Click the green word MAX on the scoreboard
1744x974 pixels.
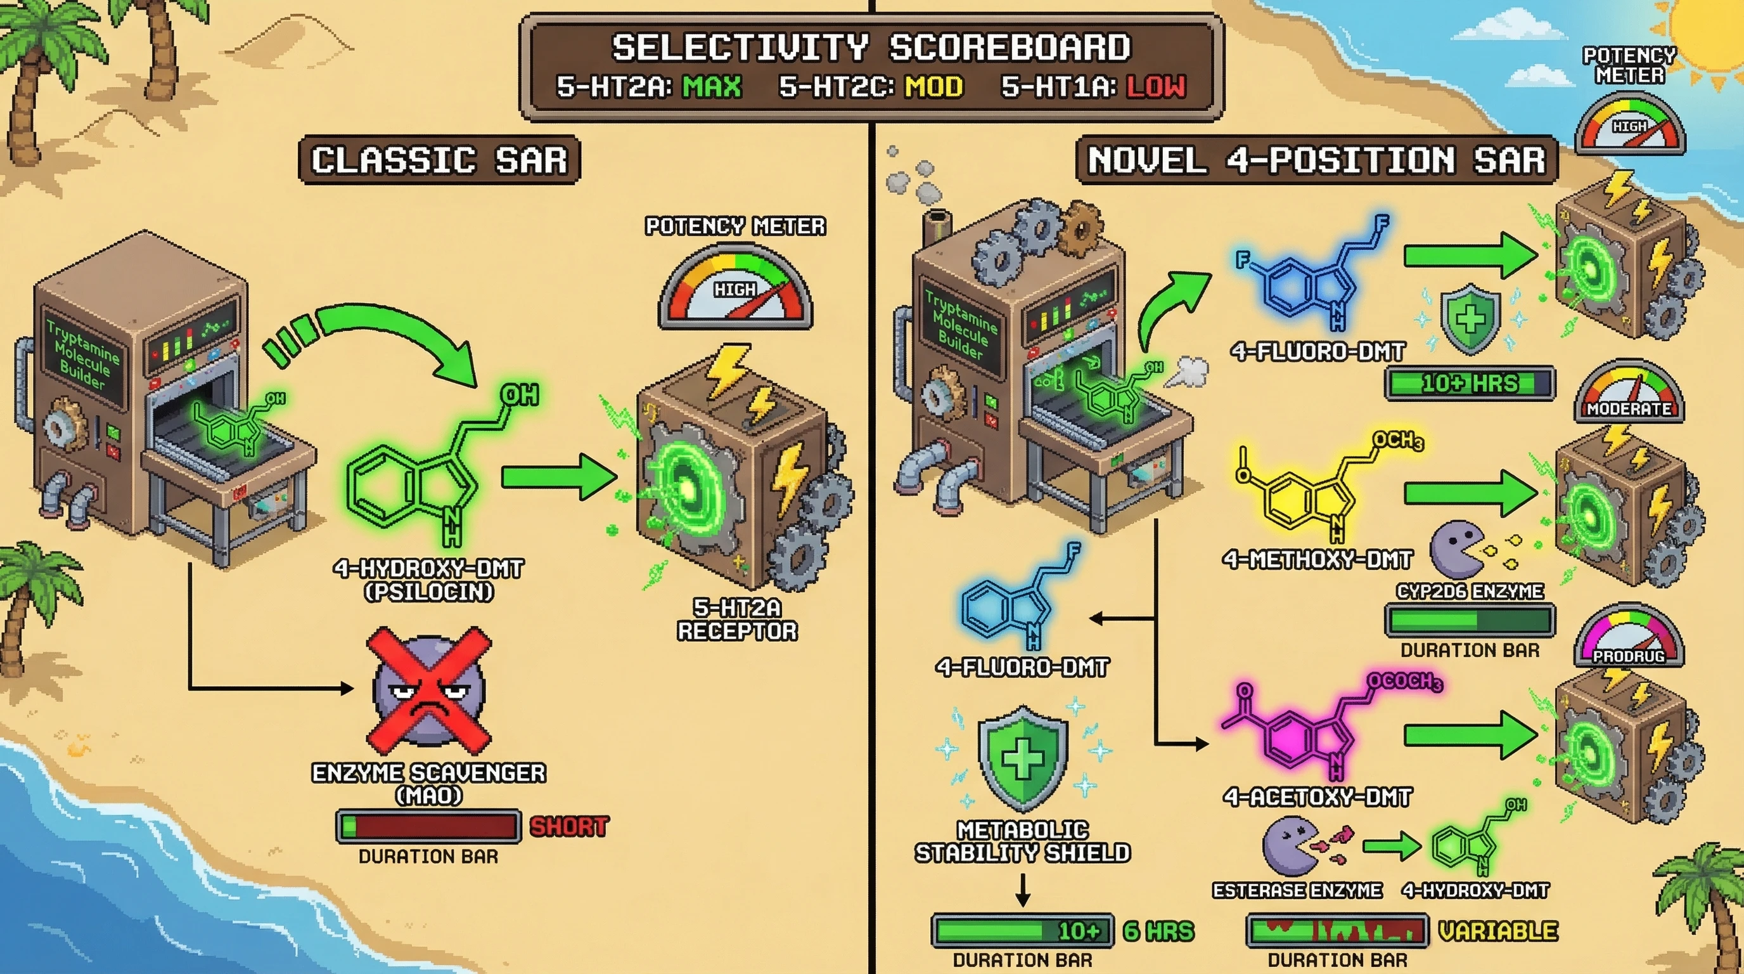(x=712, y=87)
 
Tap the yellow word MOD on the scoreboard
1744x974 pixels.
(x=934, y=87)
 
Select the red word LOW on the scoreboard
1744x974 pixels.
(x=1156, y=87)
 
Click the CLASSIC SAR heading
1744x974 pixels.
(x=439, y=160)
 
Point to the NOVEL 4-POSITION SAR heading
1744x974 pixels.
(x=1316, y=160)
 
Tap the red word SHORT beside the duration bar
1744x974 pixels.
(x=568, y=826)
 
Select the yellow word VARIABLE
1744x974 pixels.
(x=1497, y=932)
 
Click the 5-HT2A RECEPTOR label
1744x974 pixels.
(x=737, y=619)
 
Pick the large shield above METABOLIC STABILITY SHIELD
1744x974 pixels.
(x=1022, y=757)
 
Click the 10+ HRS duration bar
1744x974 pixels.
(x=1469, y=384)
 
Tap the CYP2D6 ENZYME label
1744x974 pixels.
(x=1470, y=591)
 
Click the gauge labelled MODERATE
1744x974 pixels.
(x=1629, y=393)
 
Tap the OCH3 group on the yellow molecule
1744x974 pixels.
(x=1397, y=441)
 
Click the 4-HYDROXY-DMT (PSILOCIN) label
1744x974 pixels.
(x=428, y=580)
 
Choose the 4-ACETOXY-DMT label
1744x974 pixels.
(x=1317, y=797)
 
